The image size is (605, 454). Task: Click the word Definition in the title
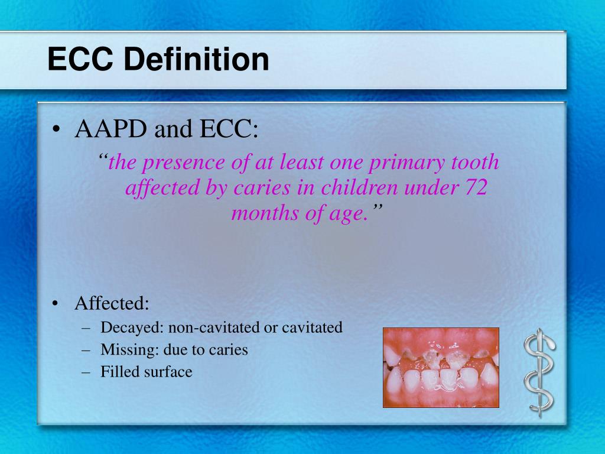tap(197, 60)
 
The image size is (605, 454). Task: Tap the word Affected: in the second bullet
tap(112, 304)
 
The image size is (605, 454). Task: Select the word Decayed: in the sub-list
tap(132, 327)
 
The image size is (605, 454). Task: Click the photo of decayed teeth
tap(441, 367)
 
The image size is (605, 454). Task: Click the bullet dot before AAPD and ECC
tap(56, 130)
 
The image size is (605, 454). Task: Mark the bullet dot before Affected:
tap(56, 304)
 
